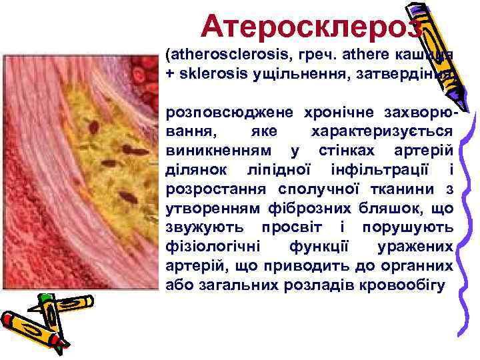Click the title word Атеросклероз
click(311, 27)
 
